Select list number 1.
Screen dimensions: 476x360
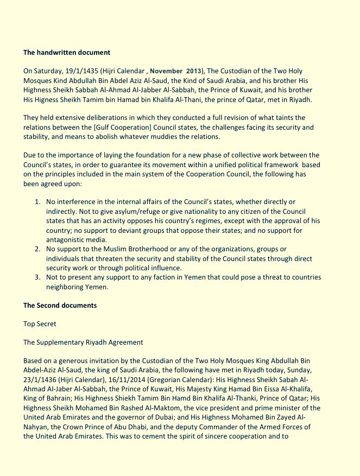[37, 202]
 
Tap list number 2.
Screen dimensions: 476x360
[37, 249]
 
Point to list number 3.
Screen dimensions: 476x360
[37, 277]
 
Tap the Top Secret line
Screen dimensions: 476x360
[40, 324]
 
